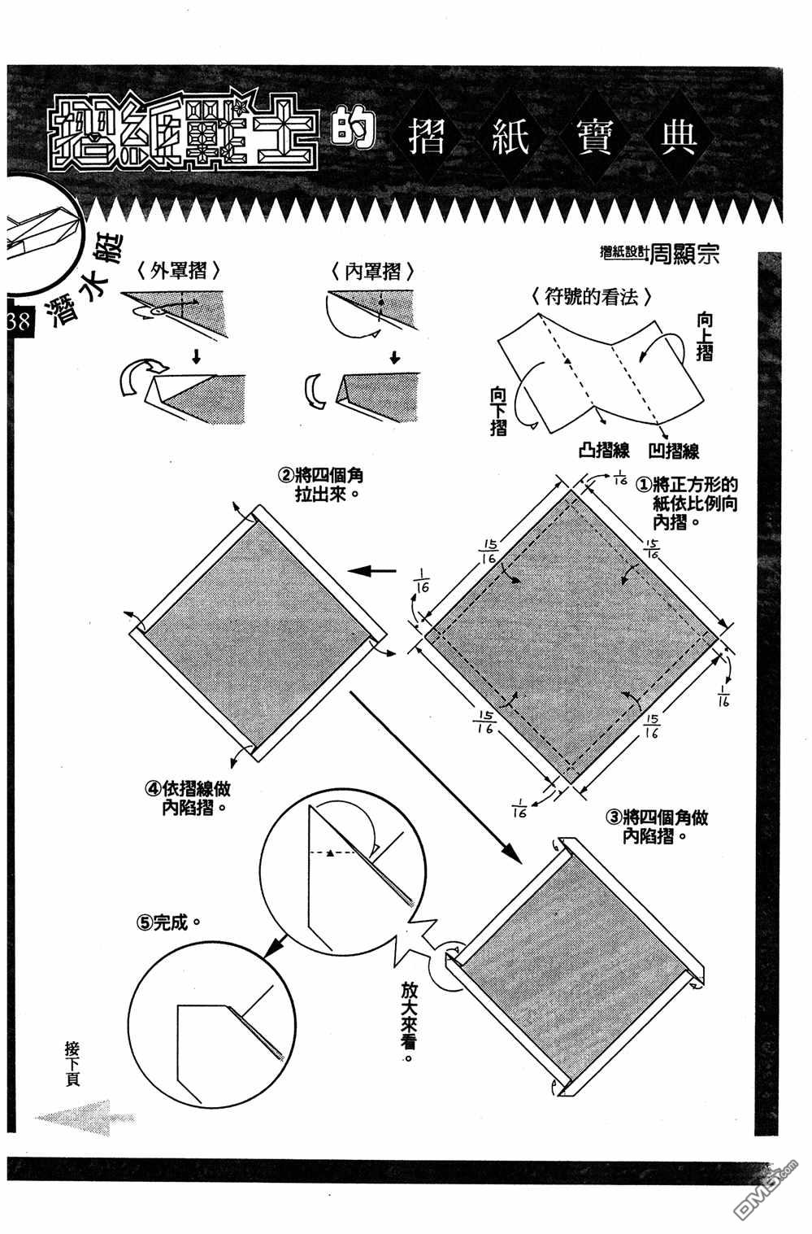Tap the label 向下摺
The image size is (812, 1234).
click(x=498, y=411)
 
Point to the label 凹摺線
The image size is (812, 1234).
click(x=675, y=450)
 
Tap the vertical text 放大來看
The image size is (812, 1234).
click(x=408, y=1021)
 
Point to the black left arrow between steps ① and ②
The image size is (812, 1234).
click(x=378, y=571)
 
